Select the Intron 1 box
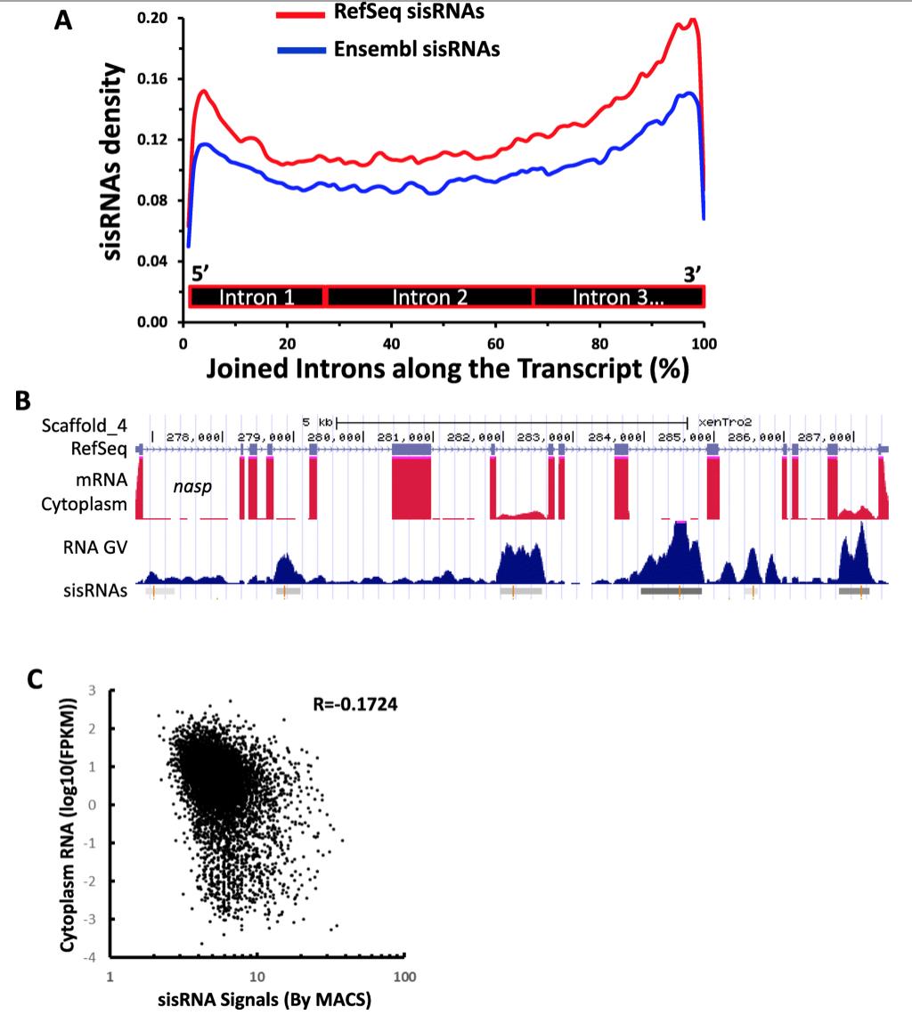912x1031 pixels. click(257, 296)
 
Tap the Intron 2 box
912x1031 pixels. click(430, 296)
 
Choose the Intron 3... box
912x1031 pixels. click(618, 296)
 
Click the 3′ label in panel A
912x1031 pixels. click(693, 274)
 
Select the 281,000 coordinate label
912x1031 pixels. click(405, 437)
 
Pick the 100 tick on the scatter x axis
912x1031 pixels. click(404, 978)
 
